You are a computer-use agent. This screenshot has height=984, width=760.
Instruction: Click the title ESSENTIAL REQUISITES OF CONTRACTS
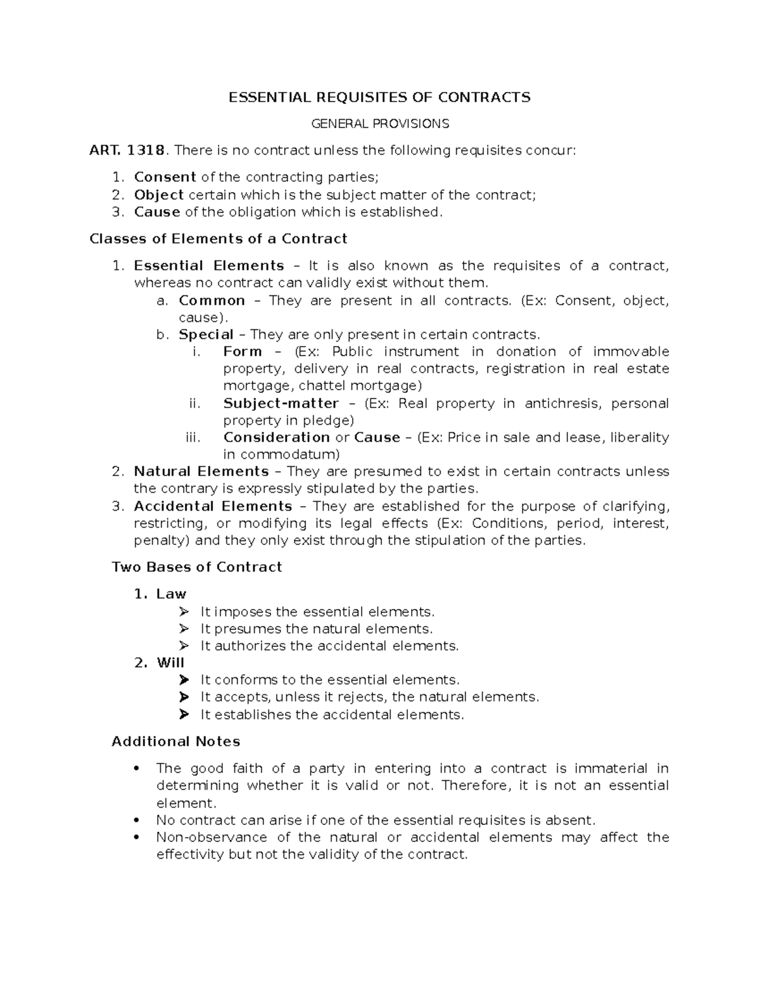pos(379,97)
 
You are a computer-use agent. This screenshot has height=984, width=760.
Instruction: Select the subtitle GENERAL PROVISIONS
pos(379,124)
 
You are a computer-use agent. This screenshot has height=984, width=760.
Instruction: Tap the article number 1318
pos(146,150)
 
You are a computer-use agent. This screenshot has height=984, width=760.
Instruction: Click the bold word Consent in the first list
pos(165,177)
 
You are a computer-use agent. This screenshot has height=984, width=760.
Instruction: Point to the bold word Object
pos(159,195)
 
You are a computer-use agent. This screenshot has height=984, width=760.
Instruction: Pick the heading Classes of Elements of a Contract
pos(218,239)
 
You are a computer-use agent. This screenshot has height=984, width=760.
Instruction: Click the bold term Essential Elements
pos(209,265)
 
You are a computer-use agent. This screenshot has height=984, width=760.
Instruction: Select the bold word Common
pos(212,300)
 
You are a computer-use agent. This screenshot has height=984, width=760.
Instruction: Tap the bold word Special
pos(206,335)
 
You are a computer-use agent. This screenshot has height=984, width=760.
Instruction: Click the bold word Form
pos(243,352)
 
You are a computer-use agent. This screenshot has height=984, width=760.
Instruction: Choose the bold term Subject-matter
pos(281,404)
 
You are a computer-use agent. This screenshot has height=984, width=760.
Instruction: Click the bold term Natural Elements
pos(201,471)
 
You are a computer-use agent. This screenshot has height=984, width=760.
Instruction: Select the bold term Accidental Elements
pos(213,506)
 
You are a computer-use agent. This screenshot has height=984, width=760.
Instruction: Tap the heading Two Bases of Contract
pos(196,567)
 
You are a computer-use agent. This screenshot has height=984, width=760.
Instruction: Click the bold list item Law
pos(171,594)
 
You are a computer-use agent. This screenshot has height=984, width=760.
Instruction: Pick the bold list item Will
pos(170,663)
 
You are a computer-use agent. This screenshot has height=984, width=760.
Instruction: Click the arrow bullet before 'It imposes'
pos(184,612)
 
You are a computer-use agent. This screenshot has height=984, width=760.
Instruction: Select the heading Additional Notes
pos(175,741)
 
